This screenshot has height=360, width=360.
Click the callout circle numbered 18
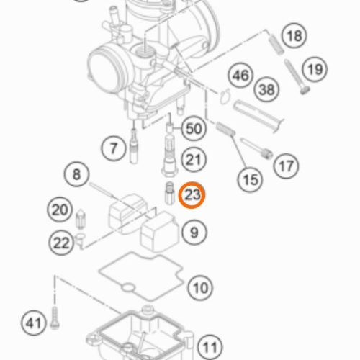pos(294,36)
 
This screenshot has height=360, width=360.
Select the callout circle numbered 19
pos(315,69)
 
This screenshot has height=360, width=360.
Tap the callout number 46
pos(240,76)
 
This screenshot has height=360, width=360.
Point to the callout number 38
pos(266,89)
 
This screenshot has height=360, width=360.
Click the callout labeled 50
pos(194,128)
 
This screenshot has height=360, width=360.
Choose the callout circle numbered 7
pos(113,148)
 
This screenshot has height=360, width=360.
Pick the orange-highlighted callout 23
pos(192,194)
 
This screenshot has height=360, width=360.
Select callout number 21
pos(194,160)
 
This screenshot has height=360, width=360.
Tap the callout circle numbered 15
pos(251,179)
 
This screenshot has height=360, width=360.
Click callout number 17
pos(286,166)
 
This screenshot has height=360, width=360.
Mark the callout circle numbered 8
pos(76,174)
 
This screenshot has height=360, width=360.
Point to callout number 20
pos(60,210)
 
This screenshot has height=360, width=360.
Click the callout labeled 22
pos(61,243)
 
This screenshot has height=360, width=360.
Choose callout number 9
pos(194,233)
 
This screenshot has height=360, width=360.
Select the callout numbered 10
pos(200,288)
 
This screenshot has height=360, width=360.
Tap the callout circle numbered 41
pos(33,323)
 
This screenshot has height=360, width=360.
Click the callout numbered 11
pos(210,347)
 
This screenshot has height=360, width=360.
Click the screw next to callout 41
pos(55,318)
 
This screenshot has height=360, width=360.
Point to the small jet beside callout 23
pos(169,193)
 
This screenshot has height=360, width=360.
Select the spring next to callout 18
pos(276,44)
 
